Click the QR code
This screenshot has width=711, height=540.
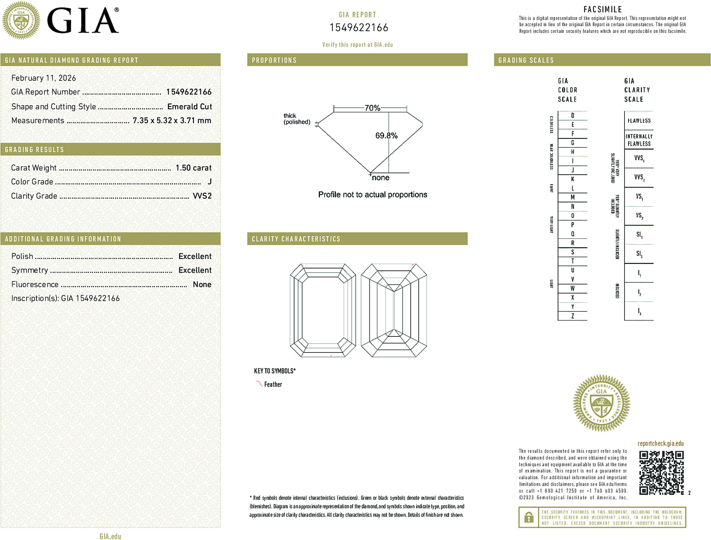pyautogui.click(x=661, y=472)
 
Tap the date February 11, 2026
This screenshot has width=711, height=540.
pyautogui.click(x=44, y=78)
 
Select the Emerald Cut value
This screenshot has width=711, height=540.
pyautogui.click(x=189, y=107)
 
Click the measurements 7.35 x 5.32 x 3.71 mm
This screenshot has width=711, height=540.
pyautogui.click(x=172, y=121)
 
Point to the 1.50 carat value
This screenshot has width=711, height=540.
pyautogui.click(x=193, y=168)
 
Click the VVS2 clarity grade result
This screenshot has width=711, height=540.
pyautogui.click(x=202, y=196)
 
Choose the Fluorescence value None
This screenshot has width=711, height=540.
pyautogui.click(x=202, y=284)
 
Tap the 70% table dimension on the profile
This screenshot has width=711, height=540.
pyautogui.click(x=372, y=108)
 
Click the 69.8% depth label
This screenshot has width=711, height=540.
pyautogui.click(x=386, y=136)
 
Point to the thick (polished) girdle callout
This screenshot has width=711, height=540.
pyautogui.click(x=296, y=119)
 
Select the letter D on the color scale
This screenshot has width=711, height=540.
pyautogui.click(x=572, y=115)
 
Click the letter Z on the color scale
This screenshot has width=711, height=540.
pyautogui.click(x=572, y=316)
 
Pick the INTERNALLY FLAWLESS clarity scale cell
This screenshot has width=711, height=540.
pyautogui.click(x=639, y=140)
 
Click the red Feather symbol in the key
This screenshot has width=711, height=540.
pyautogui.click(x=259, y=384)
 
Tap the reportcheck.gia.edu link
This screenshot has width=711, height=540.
pyautogui.click(x=661, y=444)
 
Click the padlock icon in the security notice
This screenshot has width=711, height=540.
pyautogui.click(x=528, y=517)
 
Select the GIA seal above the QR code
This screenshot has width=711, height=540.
pyautogui.click(x=601, y=403)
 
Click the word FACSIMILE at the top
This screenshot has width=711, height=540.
pyautogui.click(x=602, y=9)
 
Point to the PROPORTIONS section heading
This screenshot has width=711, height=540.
pyautogui.click(x=274, y=60)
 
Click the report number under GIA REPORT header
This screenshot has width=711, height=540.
pyautogui.click(x=359, y=28)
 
